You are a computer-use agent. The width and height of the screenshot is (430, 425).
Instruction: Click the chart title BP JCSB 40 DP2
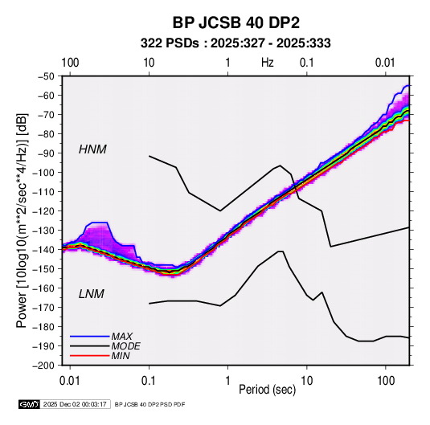click(235, 22)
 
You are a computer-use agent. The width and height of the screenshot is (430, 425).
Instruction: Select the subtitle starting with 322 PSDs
click(235, 43)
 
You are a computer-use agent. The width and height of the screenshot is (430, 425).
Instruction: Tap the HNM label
click(92, 149)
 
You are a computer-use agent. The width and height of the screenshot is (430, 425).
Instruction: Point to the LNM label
click(92, 294)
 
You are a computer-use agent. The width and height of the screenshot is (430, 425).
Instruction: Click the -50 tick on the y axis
click(47, 76)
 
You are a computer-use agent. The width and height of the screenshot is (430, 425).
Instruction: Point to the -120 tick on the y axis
click(44, 211)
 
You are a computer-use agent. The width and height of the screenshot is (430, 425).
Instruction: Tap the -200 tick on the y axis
click(44, 366)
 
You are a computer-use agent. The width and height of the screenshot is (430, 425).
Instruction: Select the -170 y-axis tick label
click(44, 308)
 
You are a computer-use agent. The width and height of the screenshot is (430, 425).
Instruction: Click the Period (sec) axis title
click(268, 390)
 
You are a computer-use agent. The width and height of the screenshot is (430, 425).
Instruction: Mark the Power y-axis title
click(22, 220)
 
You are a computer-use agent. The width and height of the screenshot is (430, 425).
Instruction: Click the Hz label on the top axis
click(268, 63)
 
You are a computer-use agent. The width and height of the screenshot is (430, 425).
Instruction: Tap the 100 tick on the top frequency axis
click(70, 63)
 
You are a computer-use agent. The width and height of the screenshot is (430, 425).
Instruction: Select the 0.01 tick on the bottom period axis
click(70, 381)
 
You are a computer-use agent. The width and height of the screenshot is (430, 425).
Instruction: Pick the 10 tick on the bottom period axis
click(306, 381)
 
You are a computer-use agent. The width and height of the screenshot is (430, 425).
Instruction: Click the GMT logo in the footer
click(30, 404)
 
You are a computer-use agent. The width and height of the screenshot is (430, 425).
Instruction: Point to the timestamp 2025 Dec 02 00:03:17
click(75, 404)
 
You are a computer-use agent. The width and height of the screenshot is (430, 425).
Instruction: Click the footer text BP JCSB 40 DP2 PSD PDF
click(149, 404)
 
